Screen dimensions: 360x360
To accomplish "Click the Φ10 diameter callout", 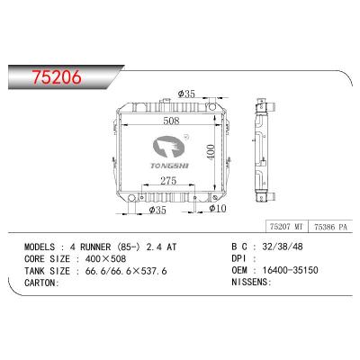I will tap(216, 209).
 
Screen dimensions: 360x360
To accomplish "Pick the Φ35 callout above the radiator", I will tap(187, 93).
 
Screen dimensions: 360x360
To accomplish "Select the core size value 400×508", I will tap(102, 257).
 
